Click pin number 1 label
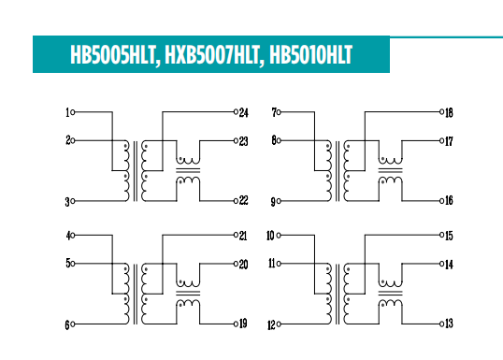[x=67, y=112]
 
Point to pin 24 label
[x=243, y=112]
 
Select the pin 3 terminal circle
[x=74, y=201]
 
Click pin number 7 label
[x=274, y=112]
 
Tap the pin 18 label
[x=449, y=112]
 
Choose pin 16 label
[x=449, y=201]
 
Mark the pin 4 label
[x=67, y=236]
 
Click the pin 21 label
[x=243, y=236]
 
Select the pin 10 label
[x=270, y=236]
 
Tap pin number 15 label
[x=449, y=236]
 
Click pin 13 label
[x=449, y=324]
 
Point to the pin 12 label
[x=270, y=324]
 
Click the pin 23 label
[x=243, y=141]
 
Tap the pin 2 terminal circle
[x=74, y=141]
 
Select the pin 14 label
[x=449, y=265]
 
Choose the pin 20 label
[x=243, y=265]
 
